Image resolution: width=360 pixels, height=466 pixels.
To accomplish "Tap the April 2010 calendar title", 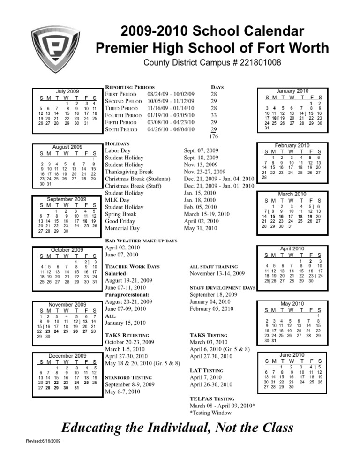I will click(292, 248).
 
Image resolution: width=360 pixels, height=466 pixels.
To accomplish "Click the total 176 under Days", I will click(213, 136).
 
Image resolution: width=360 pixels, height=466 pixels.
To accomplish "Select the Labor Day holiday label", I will click(119, 151).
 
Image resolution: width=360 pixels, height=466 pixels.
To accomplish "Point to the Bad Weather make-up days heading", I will click(141, 241).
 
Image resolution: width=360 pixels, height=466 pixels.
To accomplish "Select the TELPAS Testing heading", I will click(212, 397).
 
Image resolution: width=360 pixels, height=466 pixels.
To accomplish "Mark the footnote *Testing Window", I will click(210, 413).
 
